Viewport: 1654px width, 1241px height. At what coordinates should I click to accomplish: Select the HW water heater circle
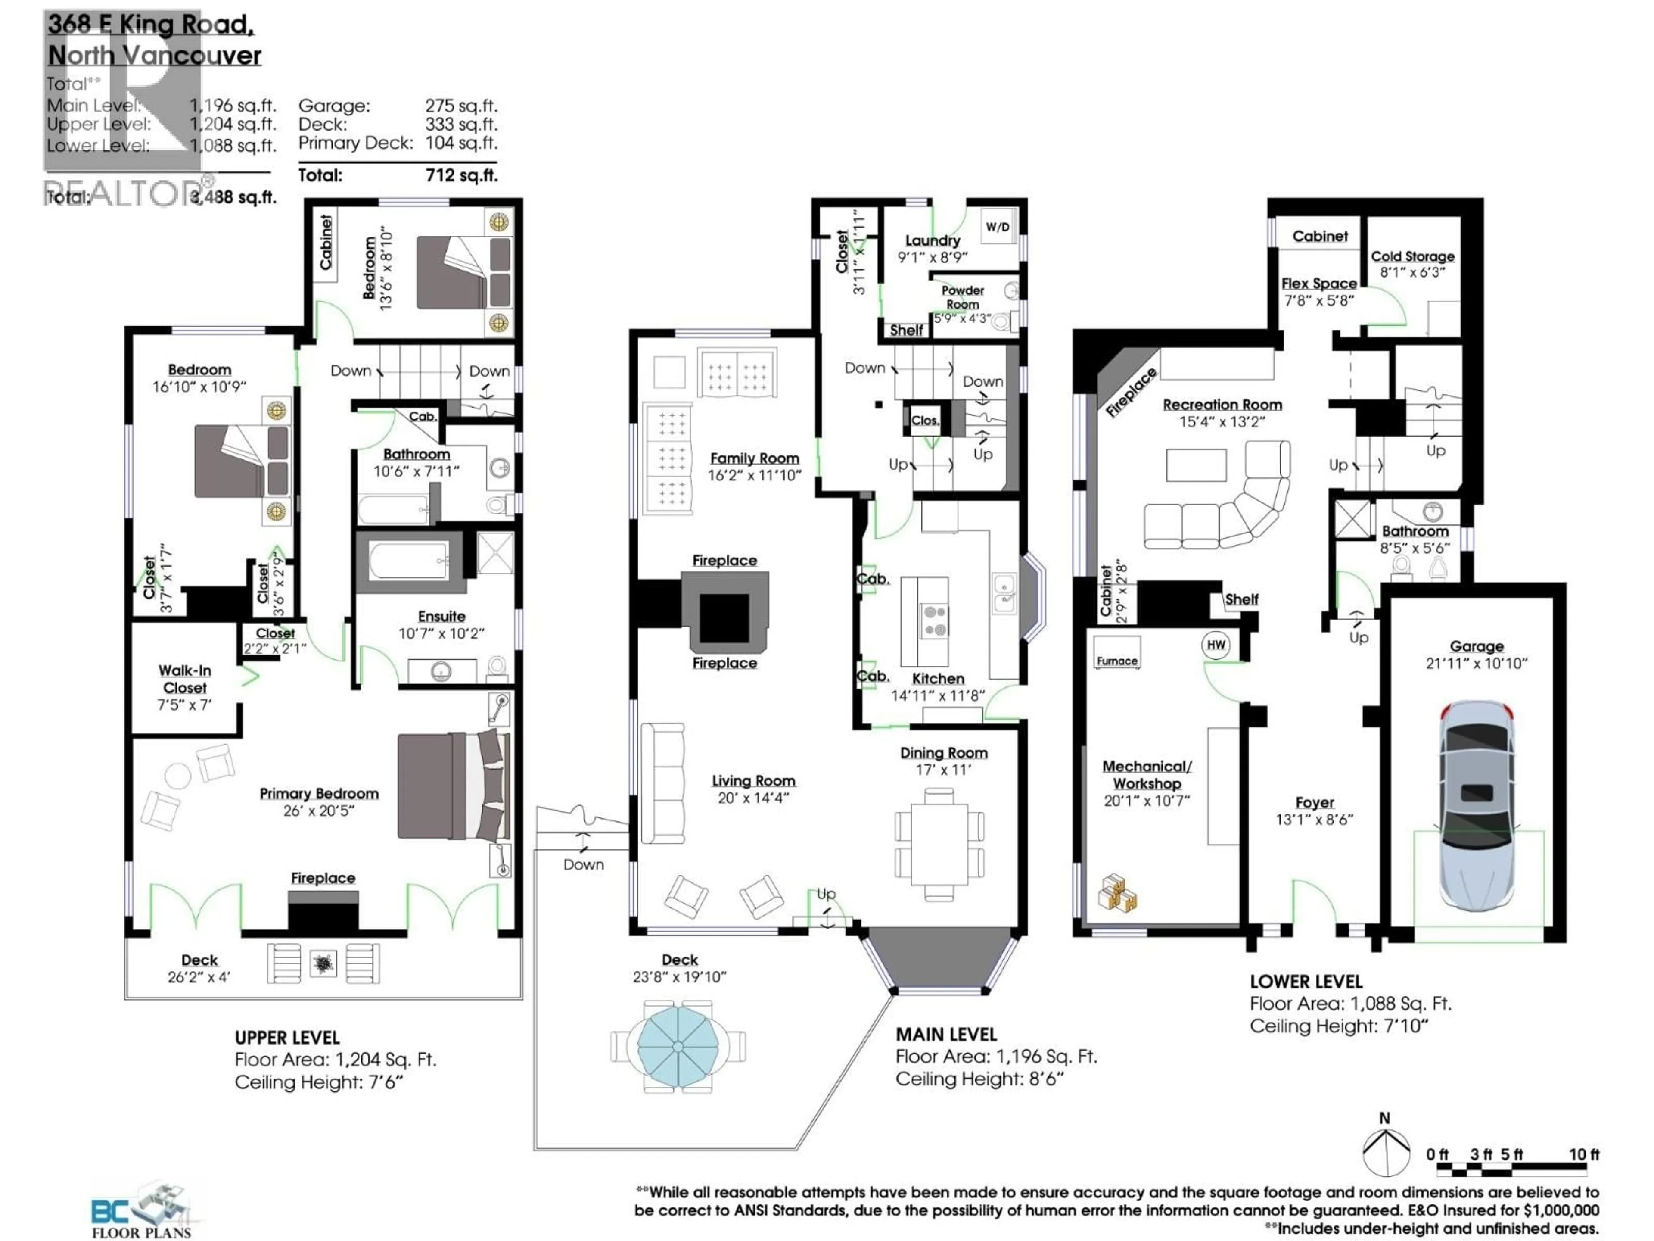coord(1216,645)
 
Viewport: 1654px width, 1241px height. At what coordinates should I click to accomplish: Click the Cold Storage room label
coord(1412,256)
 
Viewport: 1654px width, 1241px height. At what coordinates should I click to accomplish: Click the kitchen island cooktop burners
coord(935,621)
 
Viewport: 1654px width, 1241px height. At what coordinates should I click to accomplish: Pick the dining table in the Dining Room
coord(939,843)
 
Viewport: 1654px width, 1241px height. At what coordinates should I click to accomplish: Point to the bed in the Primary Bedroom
coord(452,786)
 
